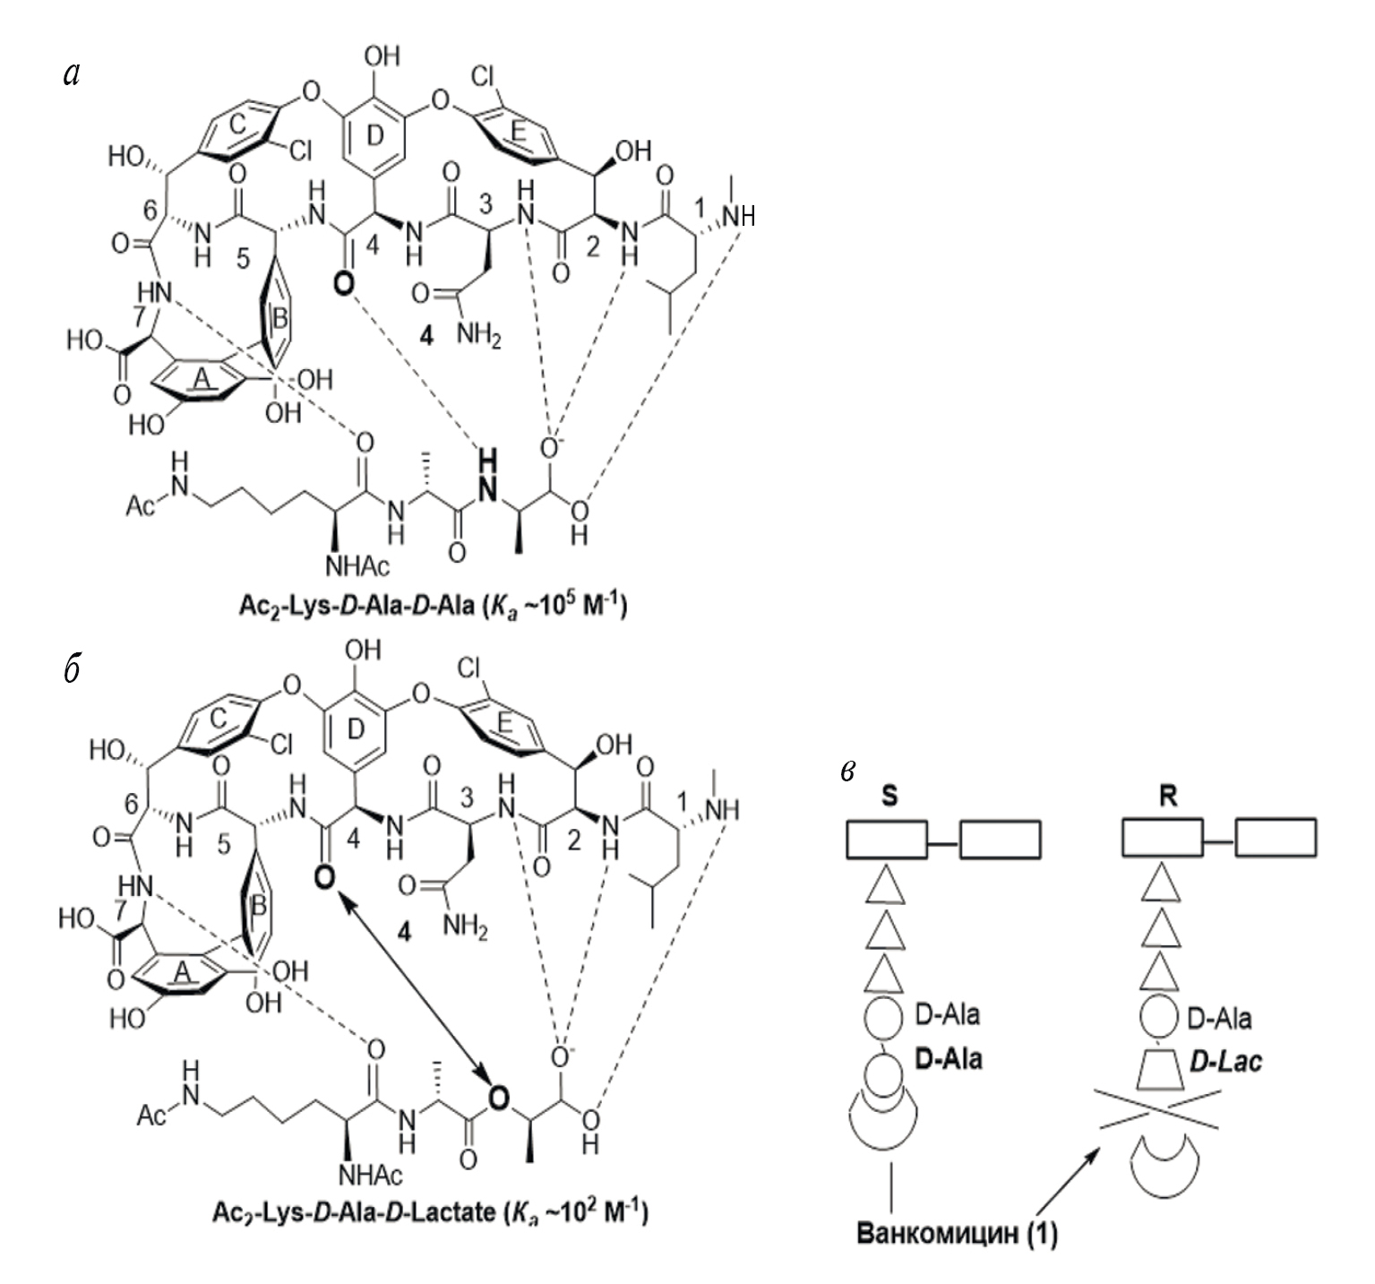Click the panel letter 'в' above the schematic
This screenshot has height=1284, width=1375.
click(849, 771)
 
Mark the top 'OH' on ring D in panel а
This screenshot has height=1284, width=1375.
click(382, 58)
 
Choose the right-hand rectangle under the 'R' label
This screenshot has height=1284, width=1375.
click(1276, 839)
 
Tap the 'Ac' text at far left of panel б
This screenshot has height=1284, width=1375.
click(154, 1116)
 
